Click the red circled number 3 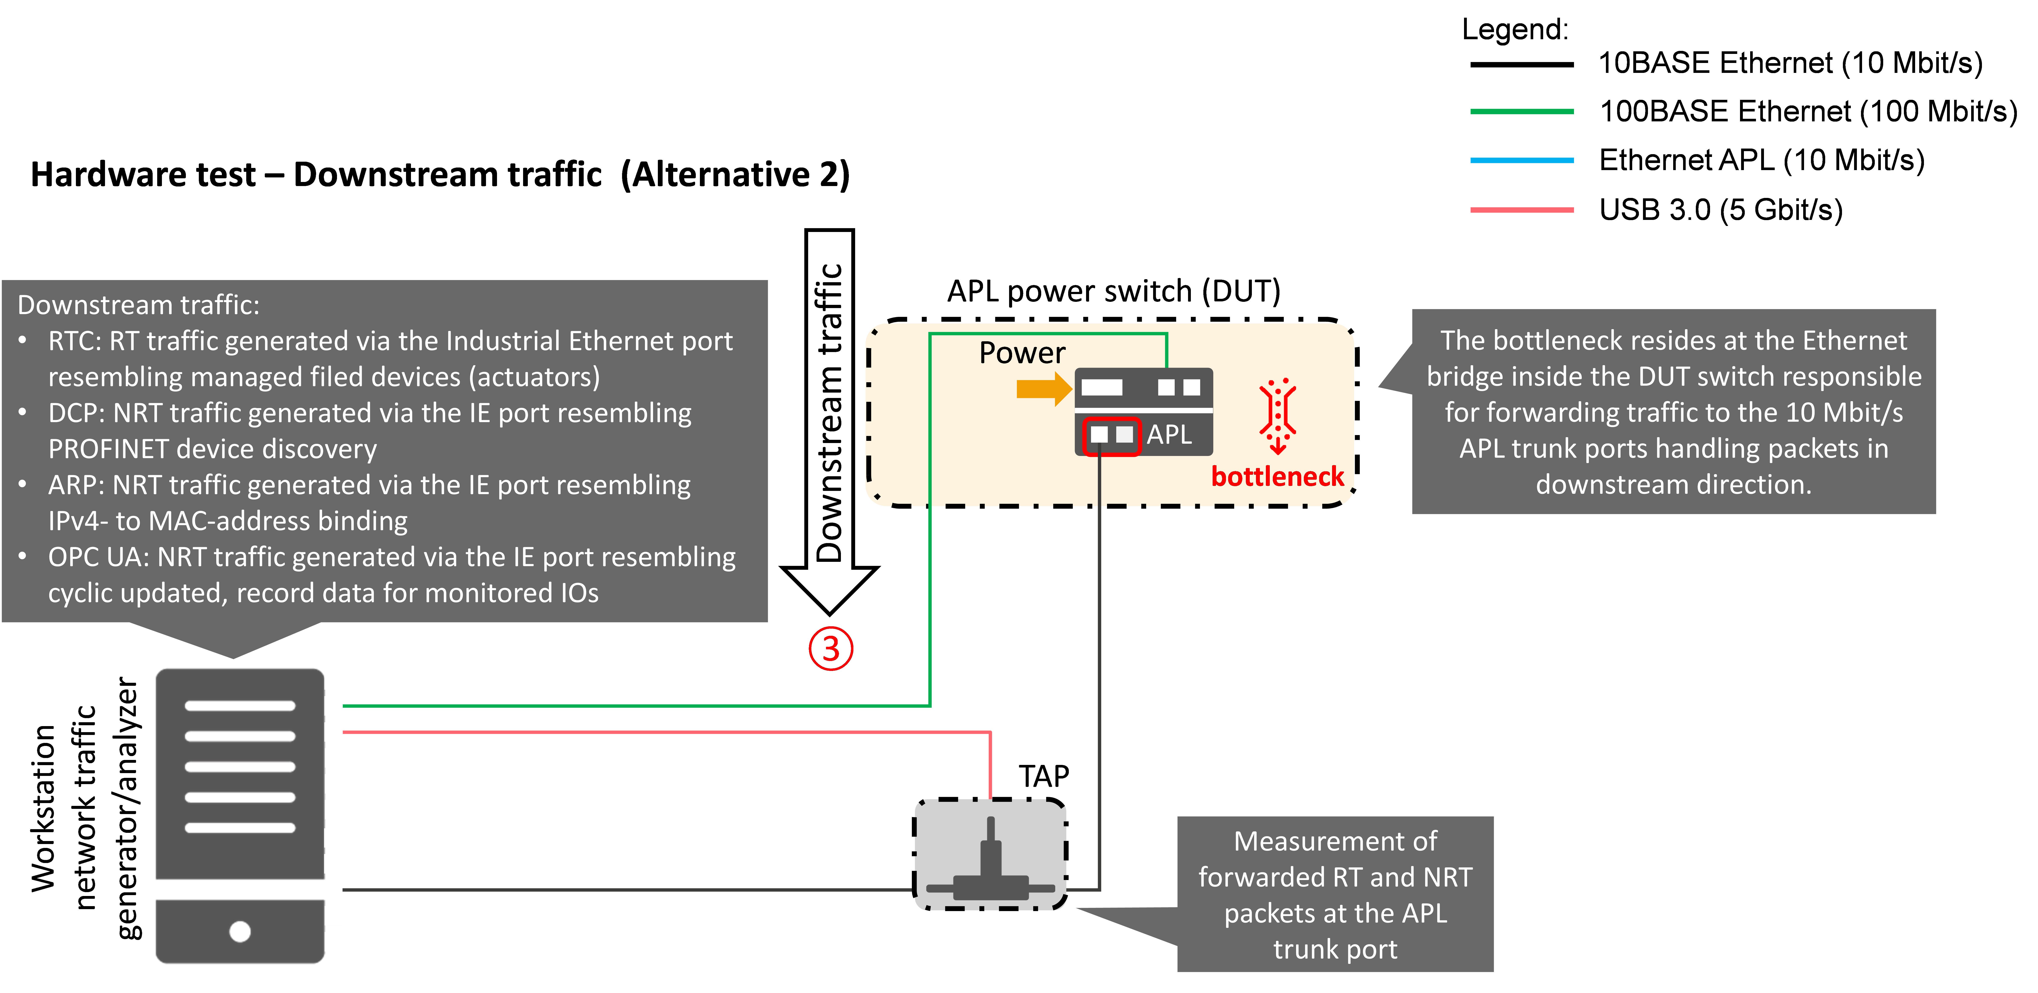click(x=830, y=649)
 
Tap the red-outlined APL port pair click(x=1111, y=435)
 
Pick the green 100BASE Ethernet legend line click(x=1521, y=111)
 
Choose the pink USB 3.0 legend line click(x=1521, y=210)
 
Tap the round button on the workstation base click(x=240, y=931)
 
